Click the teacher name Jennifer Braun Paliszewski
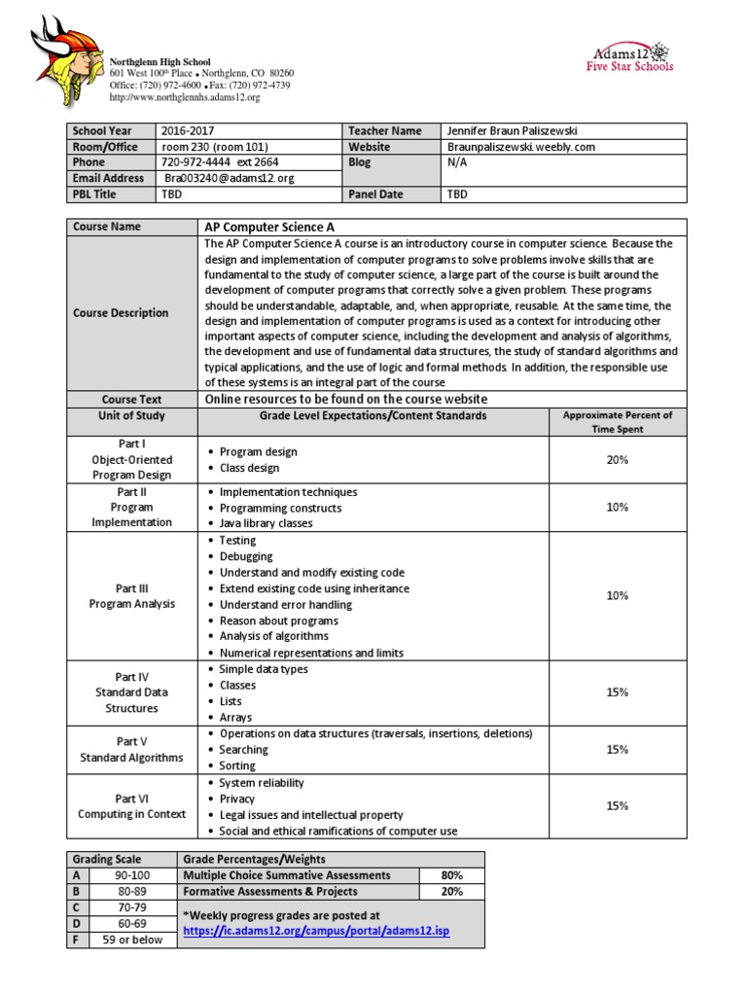coord(517,131)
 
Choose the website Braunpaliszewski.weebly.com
coord(520,147)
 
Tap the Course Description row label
coord(121,313)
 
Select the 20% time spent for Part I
coord(617,459)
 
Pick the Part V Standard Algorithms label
coord(130,749)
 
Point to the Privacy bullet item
coord(237,799)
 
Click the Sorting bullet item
coord(237,765)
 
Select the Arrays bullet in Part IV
coord(235,717)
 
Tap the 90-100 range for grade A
coord(132,875)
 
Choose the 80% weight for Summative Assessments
coord(450,875)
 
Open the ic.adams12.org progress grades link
coord(316,932)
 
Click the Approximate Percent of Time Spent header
coord(617,422)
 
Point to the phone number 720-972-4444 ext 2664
coord(219,162)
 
